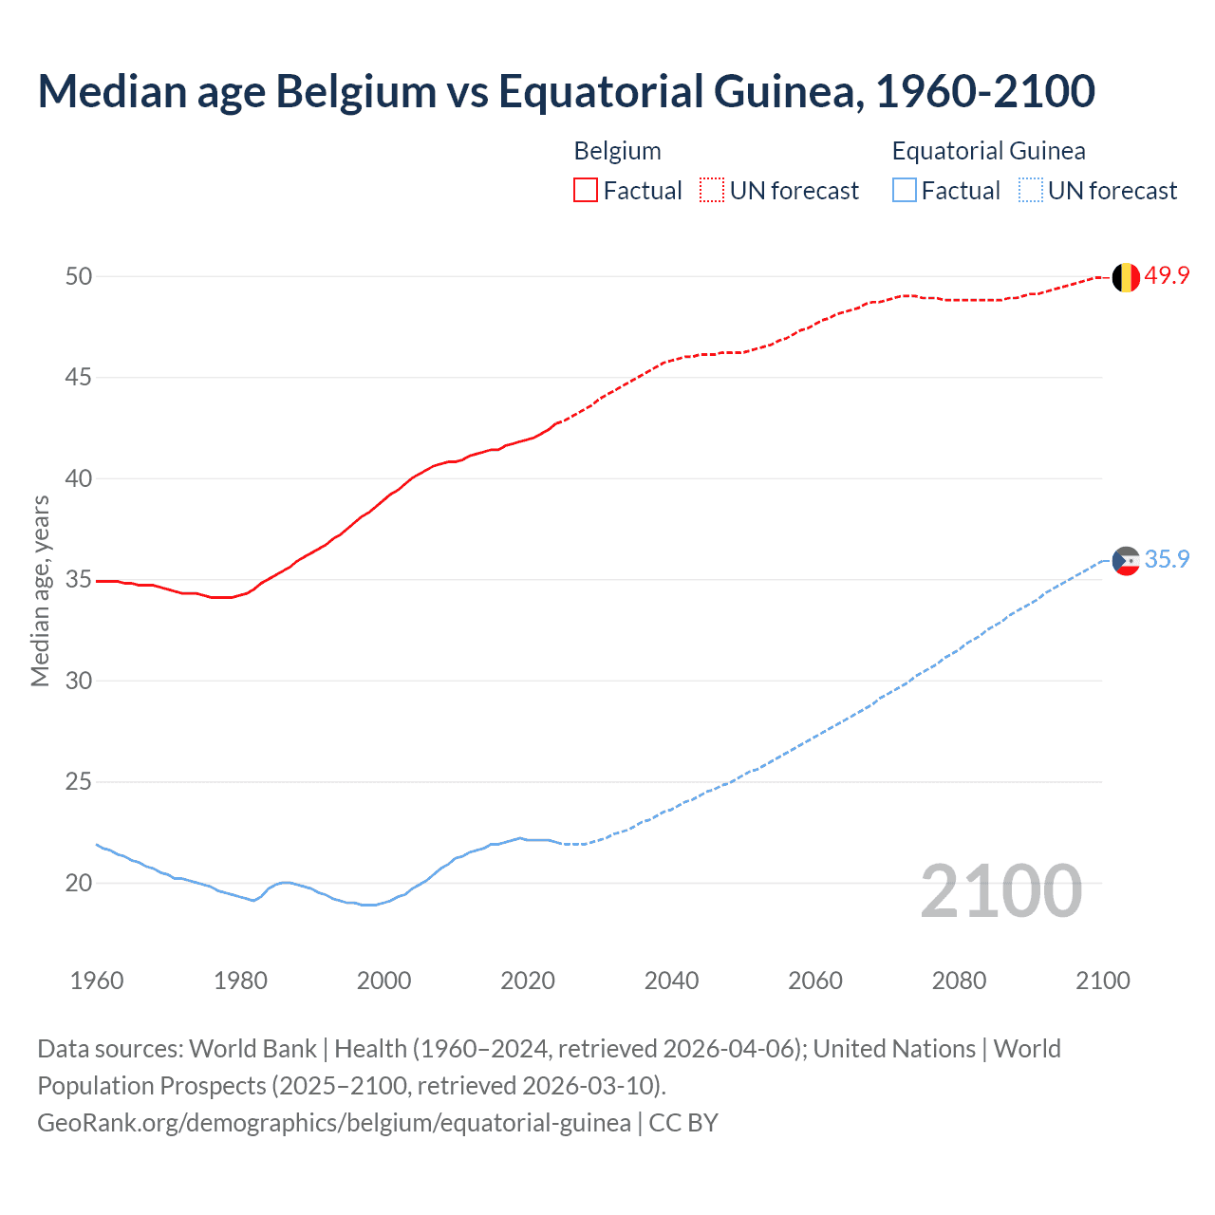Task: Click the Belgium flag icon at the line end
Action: coord(1126,277)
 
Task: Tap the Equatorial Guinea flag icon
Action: coord(1126,561)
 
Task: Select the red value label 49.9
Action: coord(1167,276)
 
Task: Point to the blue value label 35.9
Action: coord(1167,560)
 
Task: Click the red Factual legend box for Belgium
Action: coord(586,191)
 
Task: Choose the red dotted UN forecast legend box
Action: coord(712,191)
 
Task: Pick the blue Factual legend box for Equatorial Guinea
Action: coord(905,191)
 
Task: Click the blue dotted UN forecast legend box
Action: coord(1030,191)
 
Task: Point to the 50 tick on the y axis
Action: coord(79,276)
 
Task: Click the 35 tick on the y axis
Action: coord(79,580)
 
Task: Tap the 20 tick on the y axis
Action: coord(79,884)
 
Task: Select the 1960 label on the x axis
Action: coord(97,981)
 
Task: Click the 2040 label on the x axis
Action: coord(671,981)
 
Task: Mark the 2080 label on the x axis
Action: coord(959,981)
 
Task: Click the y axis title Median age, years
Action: coord(40,590)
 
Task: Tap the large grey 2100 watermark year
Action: coord(1001,890)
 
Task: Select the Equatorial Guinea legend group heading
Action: coord(988,151)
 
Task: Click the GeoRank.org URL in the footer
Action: coord(334,1123)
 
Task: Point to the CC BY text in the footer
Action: coord(683,1123)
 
